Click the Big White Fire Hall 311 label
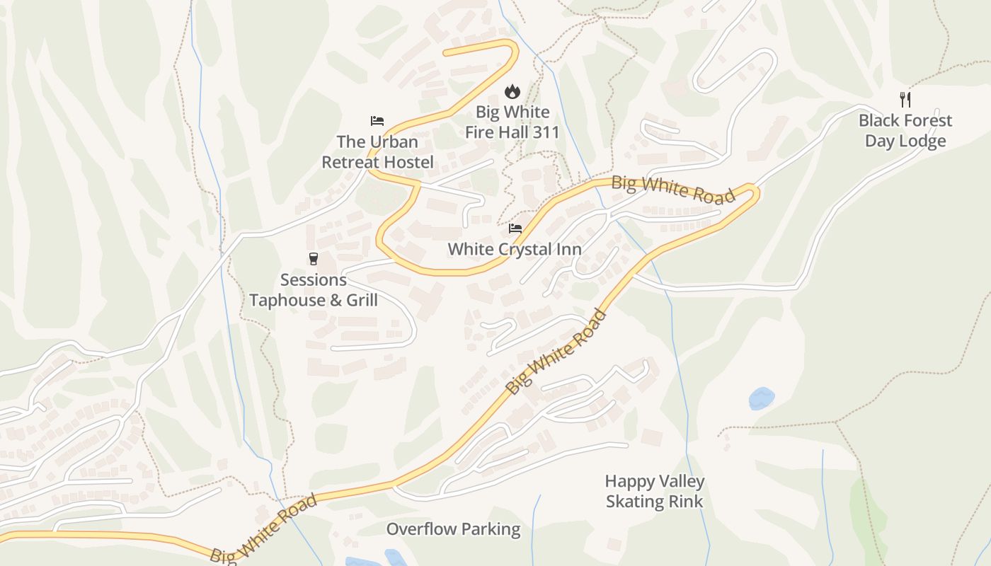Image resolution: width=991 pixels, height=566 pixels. (512, 122)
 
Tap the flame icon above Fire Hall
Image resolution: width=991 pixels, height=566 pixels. (512, 91)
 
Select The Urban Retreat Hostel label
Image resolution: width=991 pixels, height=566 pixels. (377, 152)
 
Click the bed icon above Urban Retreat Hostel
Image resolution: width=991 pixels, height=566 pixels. (377, 121)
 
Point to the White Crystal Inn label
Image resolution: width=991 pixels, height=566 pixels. (515, 249)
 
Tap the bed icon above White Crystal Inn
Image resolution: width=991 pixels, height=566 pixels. (515, 229)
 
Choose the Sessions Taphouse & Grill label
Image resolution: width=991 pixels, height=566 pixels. (313, 290)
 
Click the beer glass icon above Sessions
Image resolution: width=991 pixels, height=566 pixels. (314, 259)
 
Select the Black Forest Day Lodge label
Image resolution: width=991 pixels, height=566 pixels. (905, 130)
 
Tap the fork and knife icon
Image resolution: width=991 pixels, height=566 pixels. (905, 99)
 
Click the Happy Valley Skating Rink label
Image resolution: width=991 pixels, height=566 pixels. (655, 492)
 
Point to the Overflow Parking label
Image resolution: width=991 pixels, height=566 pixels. (453, 529)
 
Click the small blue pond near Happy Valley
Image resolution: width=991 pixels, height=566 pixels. (761, 398)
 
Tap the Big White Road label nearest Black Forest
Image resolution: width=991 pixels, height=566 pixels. (673, 189)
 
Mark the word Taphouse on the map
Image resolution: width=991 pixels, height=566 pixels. (289, 300)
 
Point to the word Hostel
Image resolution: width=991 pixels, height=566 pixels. (406, 162)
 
